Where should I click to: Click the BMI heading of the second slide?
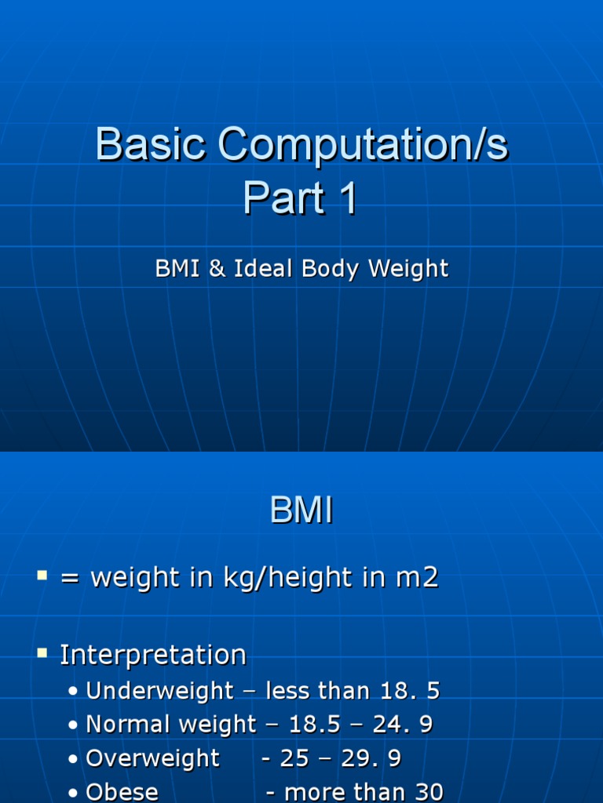tap(301, 511)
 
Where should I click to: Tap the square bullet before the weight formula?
tap(42, 576)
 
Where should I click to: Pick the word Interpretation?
tap(153, 655)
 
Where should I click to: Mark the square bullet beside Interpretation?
tap(42, 653)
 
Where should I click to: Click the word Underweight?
tap(159, 691)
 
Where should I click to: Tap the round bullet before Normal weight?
tap(73, 725)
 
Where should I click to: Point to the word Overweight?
tap(152, 758)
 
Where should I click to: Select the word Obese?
tap(122, 792)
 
